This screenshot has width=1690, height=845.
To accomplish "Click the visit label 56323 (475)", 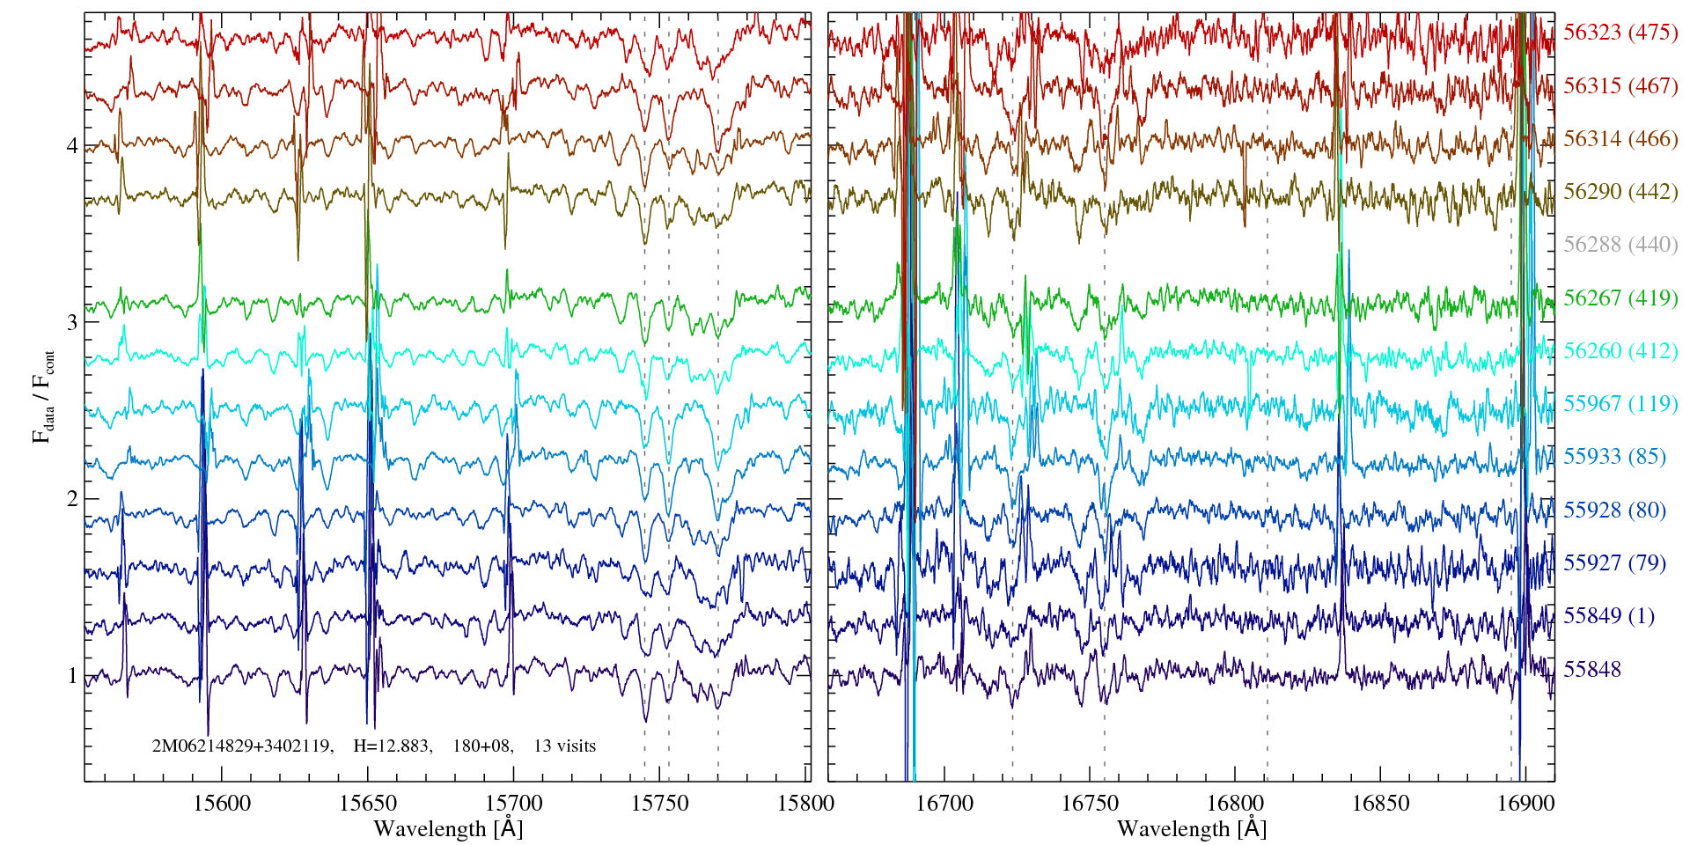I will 1620,33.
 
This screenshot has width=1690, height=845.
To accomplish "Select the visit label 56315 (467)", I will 1620,85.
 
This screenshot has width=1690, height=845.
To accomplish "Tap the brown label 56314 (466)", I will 1620,138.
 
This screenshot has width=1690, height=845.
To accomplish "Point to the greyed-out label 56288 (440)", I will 1620,245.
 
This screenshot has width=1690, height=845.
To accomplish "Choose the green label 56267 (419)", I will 1620,298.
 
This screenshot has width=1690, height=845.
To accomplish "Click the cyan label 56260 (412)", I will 1620,350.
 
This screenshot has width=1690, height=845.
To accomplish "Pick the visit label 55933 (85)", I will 1613,457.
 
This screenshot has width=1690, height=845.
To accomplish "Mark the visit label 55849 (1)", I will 1608,615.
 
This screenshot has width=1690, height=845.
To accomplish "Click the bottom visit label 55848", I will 1591,669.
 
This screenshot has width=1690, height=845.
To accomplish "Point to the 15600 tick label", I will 221,804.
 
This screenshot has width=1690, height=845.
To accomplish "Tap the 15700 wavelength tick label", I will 513,804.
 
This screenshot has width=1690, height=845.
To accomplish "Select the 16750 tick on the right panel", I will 1090,804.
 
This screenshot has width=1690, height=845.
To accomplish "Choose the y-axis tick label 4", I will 72,145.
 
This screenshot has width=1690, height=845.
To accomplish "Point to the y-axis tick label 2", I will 72,499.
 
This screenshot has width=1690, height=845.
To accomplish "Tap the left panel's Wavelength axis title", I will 448,829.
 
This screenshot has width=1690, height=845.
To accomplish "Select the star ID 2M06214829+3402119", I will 242,746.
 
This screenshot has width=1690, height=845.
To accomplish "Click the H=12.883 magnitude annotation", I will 392,746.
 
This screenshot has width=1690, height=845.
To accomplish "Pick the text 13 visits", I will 564,746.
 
